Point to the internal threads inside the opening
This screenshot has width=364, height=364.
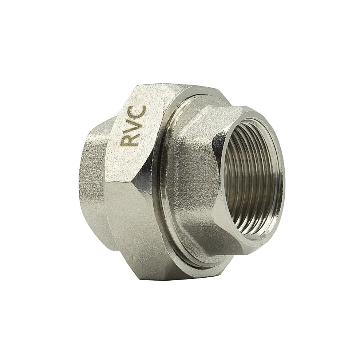click(248, 175)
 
